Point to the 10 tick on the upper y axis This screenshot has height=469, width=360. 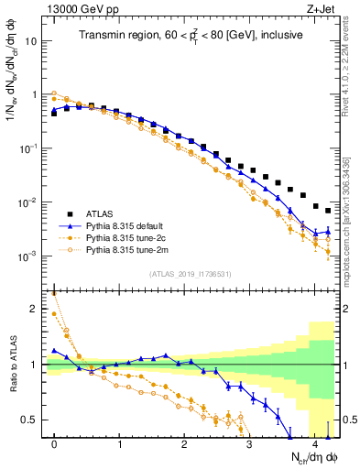tap(32, 41)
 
